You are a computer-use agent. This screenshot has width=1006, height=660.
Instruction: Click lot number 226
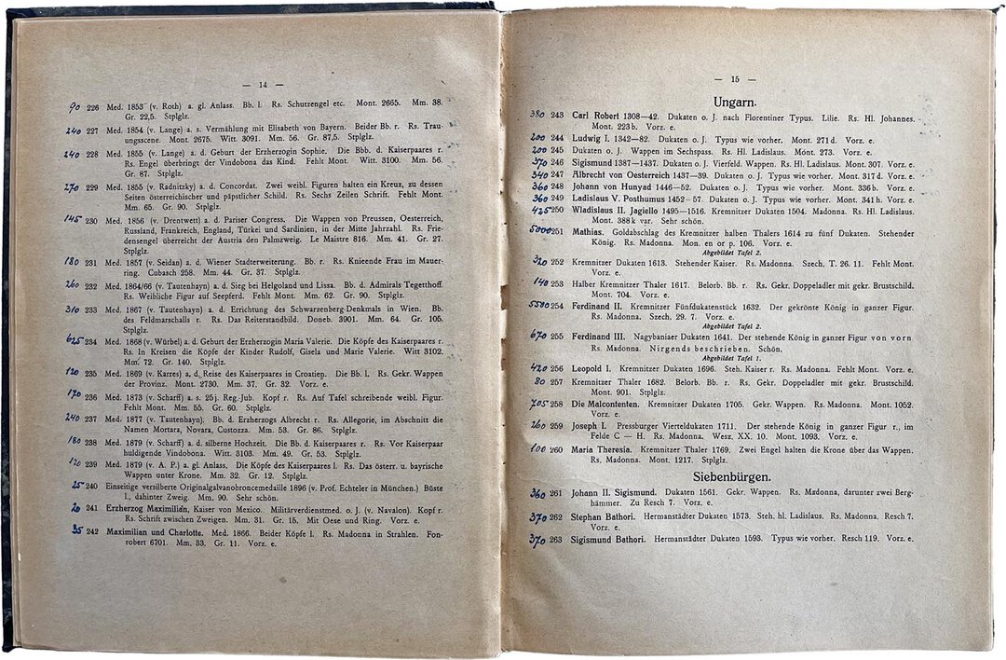click(92, 102)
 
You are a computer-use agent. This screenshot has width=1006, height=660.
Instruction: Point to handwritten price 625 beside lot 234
click(75, 340)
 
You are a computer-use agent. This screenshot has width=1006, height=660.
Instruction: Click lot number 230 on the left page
click(92, 220)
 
